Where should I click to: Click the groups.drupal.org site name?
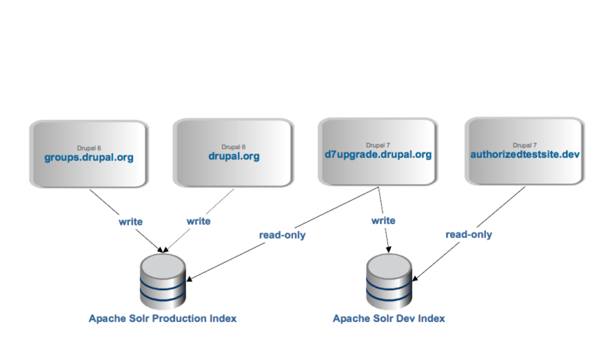88,157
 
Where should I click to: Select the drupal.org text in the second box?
233,156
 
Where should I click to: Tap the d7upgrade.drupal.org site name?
378,155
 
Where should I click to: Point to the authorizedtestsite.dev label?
525,155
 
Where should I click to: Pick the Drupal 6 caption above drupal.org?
233,146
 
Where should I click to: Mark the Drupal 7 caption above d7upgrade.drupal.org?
379,145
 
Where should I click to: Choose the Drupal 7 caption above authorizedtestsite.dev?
525,145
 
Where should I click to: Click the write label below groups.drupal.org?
130,222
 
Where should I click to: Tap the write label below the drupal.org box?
198,222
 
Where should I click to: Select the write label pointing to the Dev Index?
382,222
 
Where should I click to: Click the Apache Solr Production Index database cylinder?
163,280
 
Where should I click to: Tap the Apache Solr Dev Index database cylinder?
389,280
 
